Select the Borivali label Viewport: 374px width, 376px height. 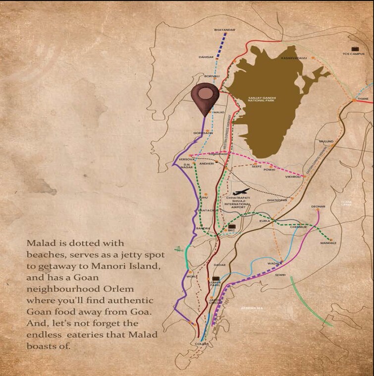(x=212, y=76)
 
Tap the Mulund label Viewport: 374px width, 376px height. (x=327, y=141)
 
